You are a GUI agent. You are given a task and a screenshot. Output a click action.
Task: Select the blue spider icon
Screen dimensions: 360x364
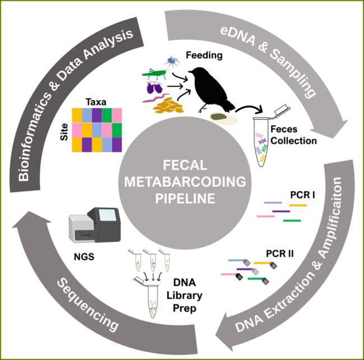(171, 60)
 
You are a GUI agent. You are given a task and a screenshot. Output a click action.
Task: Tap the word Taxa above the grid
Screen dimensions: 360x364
(96, 102)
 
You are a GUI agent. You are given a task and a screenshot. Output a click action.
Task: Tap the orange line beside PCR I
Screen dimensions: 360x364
(298, 205)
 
